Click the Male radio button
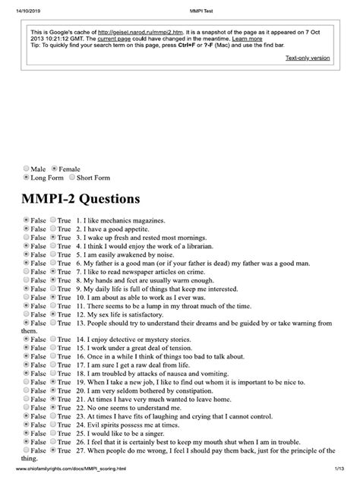[27, 169]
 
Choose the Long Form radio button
[27, 178]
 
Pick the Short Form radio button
[72, 178]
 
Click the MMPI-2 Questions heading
[81, 200]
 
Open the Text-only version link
[308, 58]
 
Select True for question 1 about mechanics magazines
[53, 219]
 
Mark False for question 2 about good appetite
[27, 228]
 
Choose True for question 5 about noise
[53, 255]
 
